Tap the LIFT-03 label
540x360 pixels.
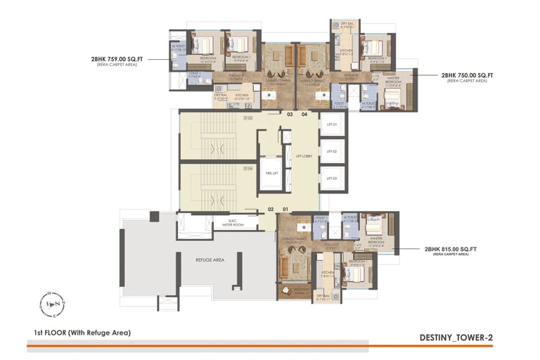(332, 178)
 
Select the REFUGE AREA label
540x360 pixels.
(209, 259)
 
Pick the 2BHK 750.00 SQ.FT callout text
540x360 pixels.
(467, 75)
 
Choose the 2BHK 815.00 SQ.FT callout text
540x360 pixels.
(450, 249)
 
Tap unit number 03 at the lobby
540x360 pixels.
(289, 114)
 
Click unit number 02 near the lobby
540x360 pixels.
(271, 210)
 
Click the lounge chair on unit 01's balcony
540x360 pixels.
(286, 290)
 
